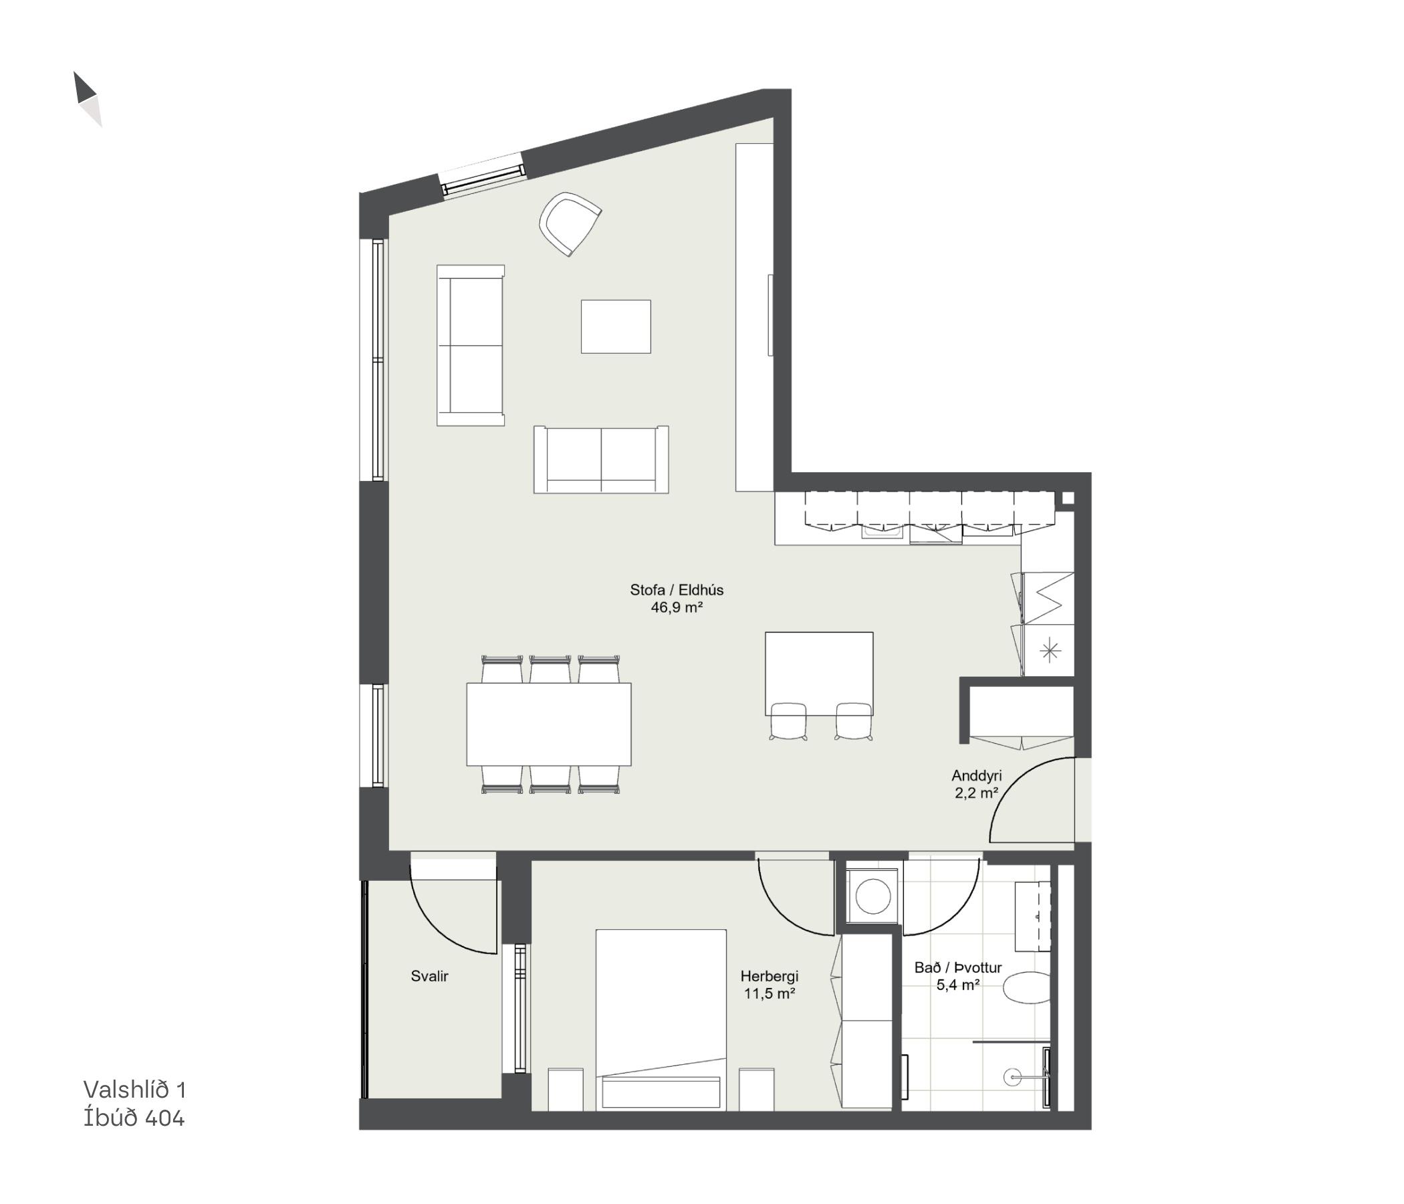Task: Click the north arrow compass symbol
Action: pos(88,99)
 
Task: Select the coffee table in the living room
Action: pos(615,326)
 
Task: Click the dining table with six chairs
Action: pos(549,724)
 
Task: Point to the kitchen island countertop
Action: pos(818,673)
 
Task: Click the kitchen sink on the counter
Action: pos(883,534)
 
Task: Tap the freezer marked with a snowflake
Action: pos(1049,651)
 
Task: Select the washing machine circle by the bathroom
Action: pos(872,897)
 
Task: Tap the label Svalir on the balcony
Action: pos(430,976)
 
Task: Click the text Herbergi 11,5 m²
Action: pos(769,985)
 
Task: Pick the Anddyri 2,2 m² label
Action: pos(976,784)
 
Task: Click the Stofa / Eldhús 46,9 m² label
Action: pos(677,599)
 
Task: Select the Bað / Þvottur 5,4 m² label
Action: pos(958,976)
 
